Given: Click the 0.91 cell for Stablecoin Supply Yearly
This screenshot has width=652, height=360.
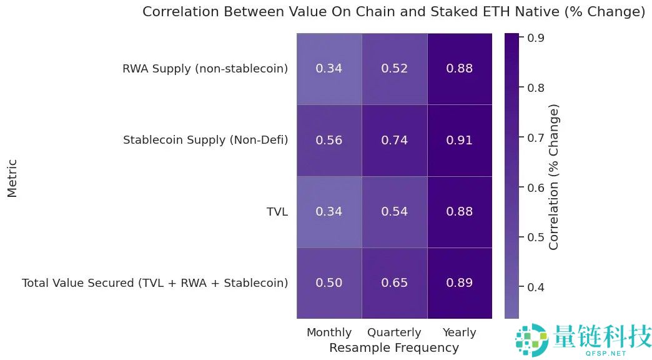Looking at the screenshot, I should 459,140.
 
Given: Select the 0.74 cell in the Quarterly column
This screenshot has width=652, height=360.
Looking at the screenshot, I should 394,140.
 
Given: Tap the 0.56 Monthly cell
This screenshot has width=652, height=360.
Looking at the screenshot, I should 328,140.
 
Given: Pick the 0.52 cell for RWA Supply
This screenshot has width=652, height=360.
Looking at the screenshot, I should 394,69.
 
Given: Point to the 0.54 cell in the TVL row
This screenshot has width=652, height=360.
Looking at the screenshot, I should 394,212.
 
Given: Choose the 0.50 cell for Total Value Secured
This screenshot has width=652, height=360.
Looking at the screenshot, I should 328,283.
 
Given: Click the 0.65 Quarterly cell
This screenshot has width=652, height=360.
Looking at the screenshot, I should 394,283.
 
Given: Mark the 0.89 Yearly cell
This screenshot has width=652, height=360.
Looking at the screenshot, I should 459,283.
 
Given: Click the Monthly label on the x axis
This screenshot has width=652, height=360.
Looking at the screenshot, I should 329,332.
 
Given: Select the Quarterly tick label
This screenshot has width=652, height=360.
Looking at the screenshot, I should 394,332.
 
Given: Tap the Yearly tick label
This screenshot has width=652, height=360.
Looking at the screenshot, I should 459,332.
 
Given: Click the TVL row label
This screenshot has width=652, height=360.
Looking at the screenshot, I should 277,212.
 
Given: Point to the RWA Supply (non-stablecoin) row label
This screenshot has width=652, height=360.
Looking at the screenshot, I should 205,69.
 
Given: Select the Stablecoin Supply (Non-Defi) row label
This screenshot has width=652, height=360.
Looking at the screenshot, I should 205,140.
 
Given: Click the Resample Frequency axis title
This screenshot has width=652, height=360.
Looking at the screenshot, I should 394,347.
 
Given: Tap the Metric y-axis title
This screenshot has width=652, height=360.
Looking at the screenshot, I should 12,177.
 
